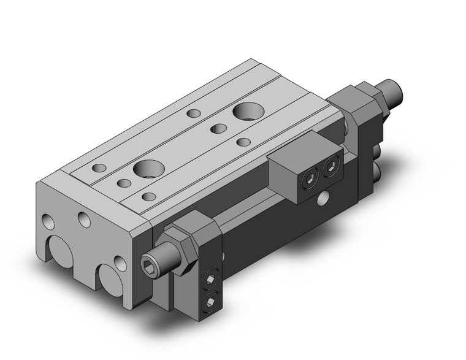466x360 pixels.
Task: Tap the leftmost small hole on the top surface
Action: pos(98,167)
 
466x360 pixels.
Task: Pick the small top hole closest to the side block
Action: pos(243,142)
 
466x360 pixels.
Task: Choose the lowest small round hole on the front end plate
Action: pos(120,264)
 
